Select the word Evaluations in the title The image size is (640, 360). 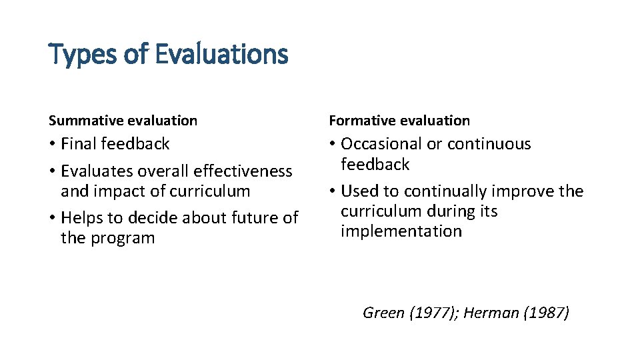coord(221,55)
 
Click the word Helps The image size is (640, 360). coord(81,218)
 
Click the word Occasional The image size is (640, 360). coord(381,144)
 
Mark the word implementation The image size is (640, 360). coord(401,231)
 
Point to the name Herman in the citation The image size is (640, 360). coord(491,313)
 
